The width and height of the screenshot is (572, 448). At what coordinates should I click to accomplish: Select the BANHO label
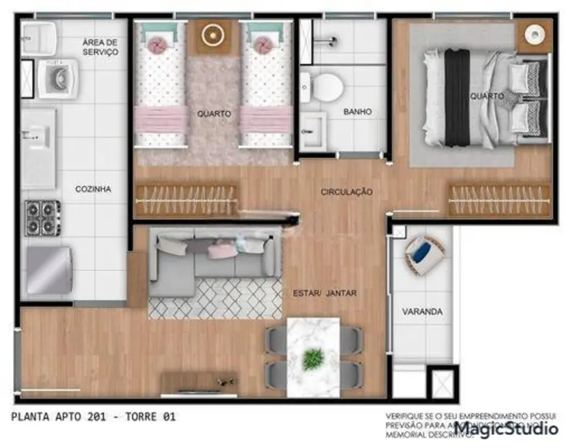358,112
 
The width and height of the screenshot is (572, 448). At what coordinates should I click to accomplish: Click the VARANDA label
422,312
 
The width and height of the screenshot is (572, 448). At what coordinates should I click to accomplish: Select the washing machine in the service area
57,77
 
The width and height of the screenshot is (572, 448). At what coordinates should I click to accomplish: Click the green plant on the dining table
314,358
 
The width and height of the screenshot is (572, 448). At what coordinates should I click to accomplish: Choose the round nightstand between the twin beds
212,34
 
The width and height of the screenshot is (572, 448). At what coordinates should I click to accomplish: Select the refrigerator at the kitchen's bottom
48,271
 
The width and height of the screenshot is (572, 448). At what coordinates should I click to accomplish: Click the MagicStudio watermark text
505,429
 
